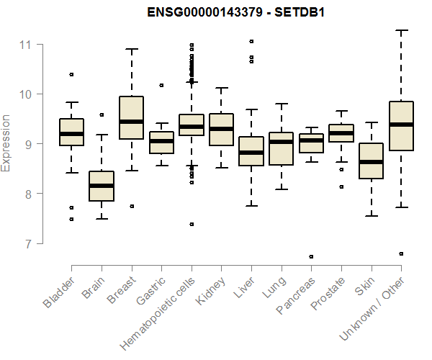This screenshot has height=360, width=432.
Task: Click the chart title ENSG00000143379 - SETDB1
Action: tap(237, 13)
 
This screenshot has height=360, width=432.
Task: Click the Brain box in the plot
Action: tap(102, 186)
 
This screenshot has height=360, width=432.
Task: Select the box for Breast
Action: tap(131, 117)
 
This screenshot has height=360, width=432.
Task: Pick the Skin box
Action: tap(371, 161)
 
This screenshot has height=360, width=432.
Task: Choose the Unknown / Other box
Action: tap(400, 126)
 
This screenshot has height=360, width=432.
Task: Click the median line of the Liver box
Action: tap(251, 153)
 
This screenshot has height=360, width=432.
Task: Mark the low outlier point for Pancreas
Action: tap(311, 256)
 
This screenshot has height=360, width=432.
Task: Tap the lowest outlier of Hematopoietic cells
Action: tap(192, 224)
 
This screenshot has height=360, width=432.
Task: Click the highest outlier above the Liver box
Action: tap(251, 41)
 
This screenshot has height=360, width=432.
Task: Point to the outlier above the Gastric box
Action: tap(161, 85)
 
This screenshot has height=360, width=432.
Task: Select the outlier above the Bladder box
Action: tap(71, 74)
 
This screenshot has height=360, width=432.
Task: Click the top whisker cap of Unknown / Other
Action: tap(400, 30)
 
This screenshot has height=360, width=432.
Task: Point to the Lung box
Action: tap(281, 148)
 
